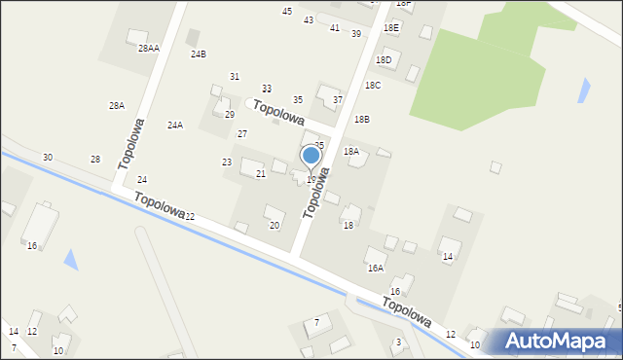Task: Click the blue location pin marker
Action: tap(311, 157)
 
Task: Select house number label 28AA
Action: tap(148, 48)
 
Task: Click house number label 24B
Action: tap(198, 54)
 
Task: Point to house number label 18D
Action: tap(384, 60)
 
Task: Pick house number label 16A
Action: tap(375, 268)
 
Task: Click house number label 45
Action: tap(287, 11)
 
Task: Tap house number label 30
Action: tap(48, 157)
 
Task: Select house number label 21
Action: tap(260, 173)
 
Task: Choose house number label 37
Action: tap(338, 99)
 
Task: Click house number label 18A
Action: tap(350, 152)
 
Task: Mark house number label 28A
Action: tap(116, 105)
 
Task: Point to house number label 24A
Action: tap(175, 125)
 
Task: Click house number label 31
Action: tap(235, 76)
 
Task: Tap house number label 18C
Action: tap(373, 86)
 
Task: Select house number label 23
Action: tap(227, 162)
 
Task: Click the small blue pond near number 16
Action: tap(70, 259)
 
